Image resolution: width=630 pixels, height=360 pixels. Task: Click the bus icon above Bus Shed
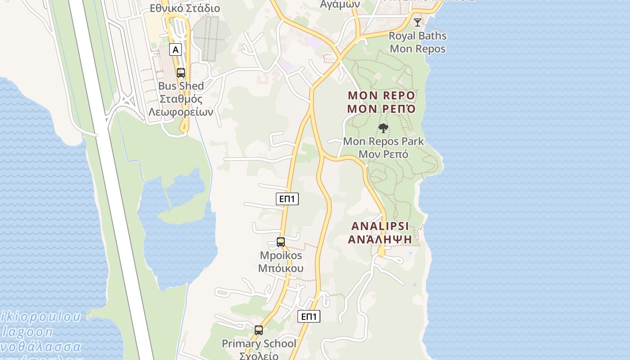click(181, 72)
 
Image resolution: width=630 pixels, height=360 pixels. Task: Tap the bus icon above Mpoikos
click(281, 242)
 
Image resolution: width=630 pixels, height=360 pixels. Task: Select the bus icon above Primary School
click(259, 330)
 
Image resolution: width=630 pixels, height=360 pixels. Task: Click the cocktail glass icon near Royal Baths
click(418, 22)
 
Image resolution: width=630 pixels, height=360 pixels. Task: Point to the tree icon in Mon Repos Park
click(383, 128)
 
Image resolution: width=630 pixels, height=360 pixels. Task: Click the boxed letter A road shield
click(175, 49)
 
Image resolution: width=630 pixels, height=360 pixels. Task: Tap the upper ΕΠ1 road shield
click(287, 198)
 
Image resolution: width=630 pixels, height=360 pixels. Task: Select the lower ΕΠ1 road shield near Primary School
click(309, 316)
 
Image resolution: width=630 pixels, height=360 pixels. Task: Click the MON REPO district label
click(381, 96)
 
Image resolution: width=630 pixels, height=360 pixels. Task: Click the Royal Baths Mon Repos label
click(418, 42)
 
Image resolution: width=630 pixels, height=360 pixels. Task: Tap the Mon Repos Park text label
click(383, 141)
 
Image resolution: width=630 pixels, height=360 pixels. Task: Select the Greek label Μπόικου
click(281, 269)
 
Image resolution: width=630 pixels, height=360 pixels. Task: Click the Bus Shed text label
click(181, 86)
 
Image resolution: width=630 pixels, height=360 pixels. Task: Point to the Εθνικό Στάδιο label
click(185, 8)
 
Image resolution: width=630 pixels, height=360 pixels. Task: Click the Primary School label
click(259, 344)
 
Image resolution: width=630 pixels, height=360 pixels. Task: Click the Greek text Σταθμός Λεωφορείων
click(181, 106)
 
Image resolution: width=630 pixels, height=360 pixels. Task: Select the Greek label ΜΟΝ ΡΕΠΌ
click(381, 109)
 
